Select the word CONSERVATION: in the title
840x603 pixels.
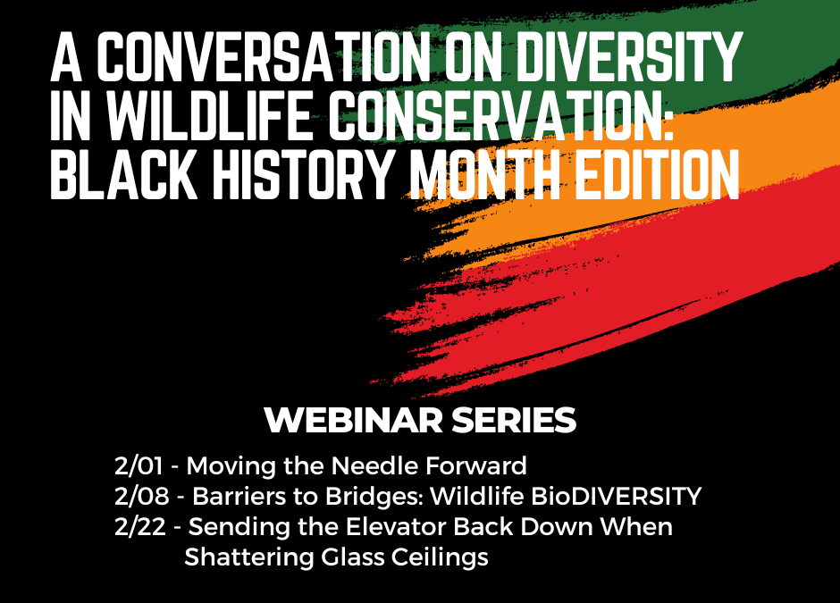(x=501, y=115)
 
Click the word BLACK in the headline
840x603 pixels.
(x=124, y=174)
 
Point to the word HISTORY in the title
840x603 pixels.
(x=303, y=174)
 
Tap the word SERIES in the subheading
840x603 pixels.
(x=514, y=421)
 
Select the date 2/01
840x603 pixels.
(x=139, y=466)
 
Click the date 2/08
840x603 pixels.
(x=141, y=497)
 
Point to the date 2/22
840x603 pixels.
(x=139, y=527)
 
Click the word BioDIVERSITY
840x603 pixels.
(x=616, y=497)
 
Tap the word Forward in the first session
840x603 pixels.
(x=475, y=466)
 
